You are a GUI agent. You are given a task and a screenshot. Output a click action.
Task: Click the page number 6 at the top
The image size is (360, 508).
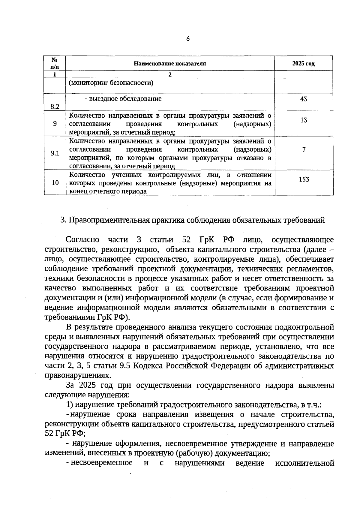point(188,38)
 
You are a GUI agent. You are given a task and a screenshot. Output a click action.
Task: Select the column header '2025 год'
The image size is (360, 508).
point(303,64)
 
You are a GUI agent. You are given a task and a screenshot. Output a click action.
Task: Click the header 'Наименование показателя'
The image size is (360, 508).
point(170,64)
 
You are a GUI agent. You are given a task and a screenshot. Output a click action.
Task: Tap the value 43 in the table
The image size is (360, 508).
point(303,99)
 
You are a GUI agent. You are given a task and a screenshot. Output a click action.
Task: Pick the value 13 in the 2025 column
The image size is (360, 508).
point(304,120)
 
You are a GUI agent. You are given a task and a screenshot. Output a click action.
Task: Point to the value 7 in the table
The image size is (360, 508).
point(304,149)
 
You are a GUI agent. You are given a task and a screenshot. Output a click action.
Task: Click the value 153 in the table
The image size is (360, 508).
point(304,179)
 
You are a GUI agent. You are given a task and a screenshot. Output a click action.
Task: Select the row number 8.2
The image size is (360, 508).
point(55,107)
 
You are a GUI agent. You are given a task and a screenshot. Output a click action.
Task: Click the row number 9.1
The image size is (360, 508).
point(55,153)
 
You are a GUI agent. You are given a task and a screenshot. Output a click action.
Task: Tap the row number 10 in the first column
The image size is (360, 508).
point(55,183)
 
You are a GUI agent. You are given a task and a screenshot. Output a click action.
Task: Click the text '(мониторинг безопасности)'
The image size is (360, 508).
point(111,83)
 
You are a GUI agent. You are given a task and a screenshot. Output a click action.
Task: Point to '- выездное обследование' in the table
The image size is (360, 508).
point(123,99)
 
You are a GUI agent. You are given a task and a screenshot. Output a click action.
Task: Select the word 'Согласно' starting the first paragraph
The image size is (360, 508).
point(82,240)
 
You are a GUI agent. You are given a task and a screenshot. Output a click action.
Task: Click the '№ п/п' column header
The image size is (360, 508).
point(55,63)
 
